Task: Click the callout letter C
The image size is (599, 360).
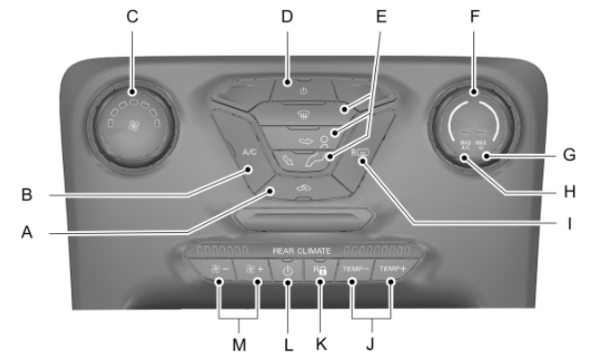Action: point(133,17)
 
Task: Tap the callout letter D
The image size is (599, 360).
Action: point(287,17)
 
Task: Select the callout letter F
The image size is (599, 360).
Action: point(475,17)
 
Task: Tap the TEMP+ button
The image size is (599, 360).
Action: point(392,270)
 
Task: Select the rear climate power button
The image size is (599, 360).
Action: point(288,270)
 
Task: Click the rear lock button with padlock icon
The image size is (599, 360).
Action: point(319,270)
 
